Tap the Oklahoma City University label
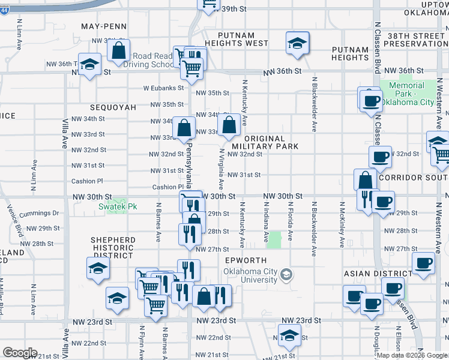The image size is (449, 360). [x=251, y=275]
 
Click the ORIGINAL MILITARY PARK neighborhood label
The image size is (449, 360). [x=265, y=142]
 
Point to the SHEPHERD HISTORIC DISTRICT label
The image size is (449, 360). [x=113, y=248]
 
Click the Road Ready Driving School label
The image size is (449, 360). [x=152, y=60]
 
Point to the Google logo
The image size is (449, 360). [x=20, y=353]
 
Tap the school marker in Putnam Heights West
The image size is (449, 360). [x=297, y=43]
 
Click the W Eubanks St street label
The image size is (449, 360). [x=163, y=88]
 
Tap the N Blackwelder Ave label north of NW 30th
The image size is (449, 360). [x=314, y=105]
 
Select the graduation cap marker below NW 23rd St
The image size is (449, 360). [x=289, y=335]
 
